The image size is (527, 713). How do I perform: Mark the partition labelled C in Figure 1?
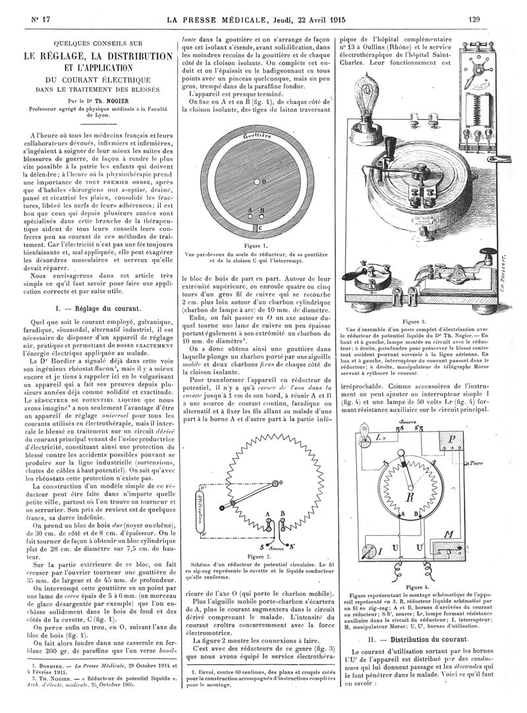click(x=259, y=226)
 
